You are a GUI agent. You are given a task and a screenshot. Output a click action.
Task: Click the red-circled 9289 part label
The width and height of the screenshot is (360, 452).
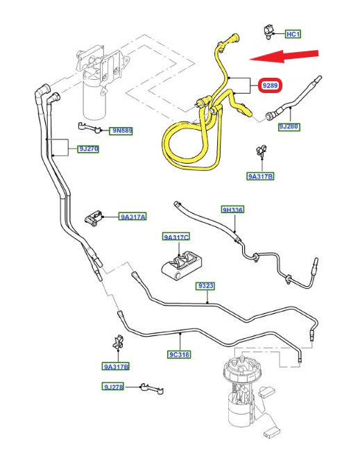click(x=270, y=85)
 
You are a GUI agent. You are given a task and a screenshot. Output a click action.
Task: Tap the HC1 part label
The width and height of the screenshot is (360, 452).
click(x=293, y=34)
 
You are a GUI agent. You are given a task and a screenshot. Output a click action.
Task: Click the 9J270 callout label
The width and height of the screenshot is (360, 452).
click(x=89, y=149)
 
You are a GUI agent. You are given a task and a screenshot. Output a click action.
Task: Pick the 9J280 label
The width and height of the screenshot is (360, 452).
click(x=289, y=126)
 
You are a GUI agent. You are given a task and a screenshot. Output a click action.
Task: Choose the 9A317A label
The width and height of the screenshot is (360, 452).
click(x=132, y=217)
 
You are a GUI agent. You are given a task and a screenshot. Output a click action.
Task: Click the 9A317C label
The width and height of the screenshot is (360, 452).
click(x=176, y=237)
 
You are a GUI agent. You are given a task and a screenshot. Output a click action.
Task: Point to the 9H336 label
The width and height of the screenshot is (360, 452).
click(x=232, y=210)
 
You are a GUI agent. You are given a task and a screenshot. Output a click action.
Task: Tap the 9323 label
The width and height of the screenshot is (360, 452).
click(x=206, y=285)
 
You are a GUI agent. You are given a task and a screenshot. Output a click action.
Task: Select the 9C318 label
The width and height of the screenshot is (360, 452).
click(x=179, y=354)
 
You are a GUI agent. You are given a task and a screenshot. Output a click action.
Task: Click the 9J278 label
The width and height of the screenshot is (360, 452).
click(x=113, y=387)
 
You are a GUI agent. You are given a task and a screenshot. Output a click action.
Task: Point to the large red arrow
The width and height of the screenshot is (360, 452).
click(x=284, y=56)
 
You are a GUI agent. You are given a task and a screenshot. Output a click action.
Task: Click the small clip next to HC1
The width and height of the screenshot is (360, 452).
click(x=268, y=32)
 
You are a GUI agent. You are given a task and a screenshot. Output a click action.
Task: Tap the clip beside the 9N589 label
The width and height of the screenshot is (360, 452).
click(x=89, y=127)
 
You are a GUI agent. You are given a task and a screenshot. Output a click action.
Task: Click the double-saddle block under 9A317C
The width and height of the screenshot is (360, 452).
click(x=182, y=265)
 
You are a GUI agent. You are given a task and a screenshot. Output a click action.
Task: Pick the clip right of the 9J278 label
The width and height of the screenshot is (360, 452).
click(x=152, y=389)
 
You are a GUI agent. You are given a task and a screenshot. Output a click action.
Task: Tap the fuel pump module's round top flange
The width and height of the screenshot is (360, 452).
click(x=239, y=368)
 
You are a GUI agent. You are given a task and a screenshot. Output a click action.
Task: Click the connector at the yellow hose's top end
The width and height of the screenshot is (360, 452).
click(x=233, y=39)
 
